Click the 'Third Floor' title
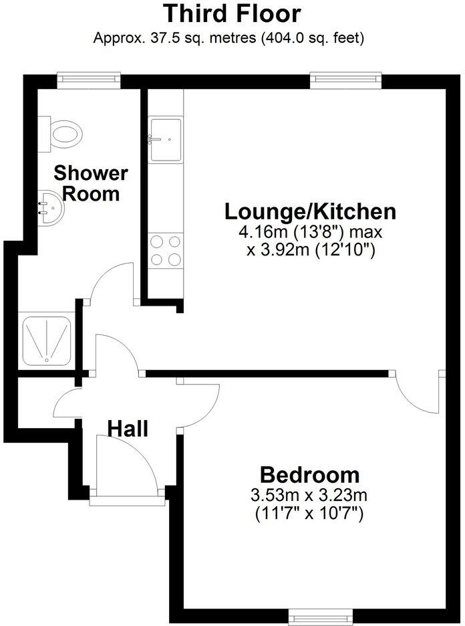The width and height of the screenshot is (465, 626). [x=232, y=13]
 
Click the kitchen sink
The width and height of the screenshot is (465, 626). [x=165, y=140]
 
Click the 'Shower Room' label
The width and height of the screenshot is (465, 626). [x=90, y=184]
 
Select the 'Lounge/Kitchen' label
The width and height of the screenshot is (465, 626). [x=310, y=212]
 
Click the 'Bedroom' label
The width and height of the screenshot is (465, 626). [x=309, y=476]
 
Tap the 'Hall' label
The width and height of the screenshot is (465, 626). [x=128, y=429]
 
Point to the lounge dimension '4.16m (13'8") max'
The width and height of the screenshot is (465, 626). [x=310, y=233]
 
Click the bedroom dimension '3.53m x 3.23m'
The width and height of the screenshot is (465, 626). [x=309, y=496]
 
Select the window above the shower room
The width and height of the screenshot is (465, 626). [x=88, y=80]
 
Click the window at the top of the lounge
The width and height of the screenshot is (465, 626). [x=347, y=80]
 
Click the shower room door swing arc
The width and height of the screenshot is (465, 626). [x=110, y=281]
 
